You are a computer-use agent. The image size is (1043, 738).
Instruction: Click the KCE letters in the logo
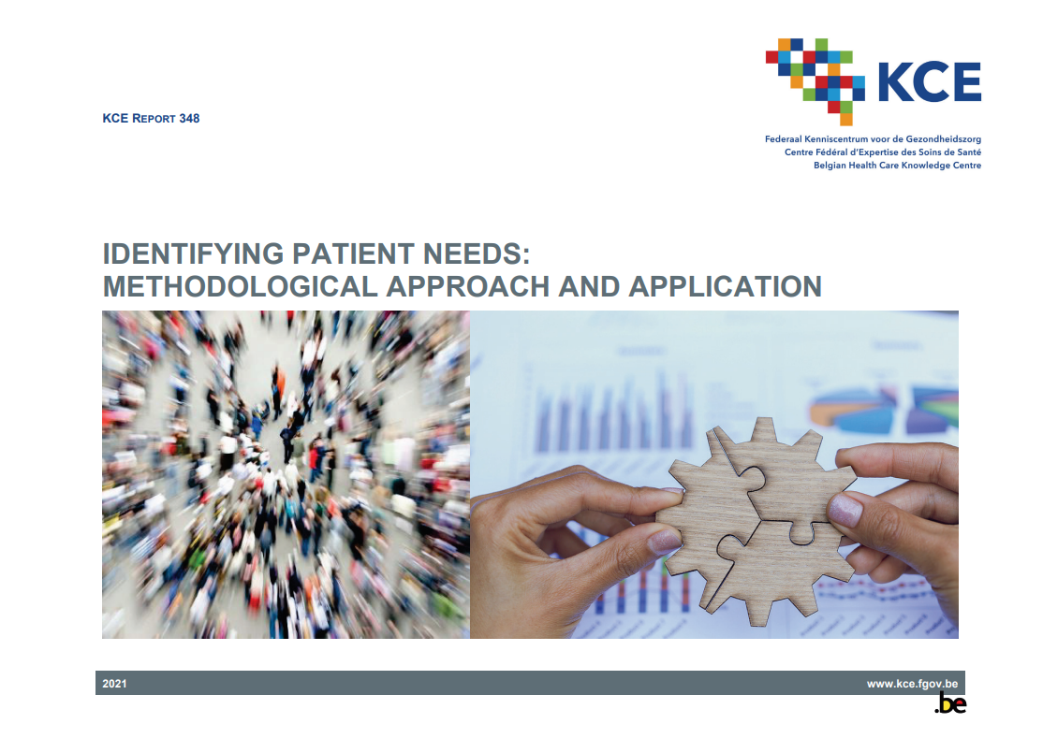[929, 82]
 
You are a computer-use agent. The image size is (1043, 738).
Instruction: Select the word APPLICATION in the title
[725, 285]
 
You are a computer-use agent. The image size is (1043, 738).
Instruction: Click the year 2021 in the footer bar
[115, 684]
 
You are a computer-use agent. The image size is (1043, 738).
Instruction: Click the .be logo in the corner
[950, 705]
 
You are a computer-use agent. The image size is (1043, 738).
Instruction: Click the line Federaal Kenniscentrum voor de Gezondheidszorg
[873, 138]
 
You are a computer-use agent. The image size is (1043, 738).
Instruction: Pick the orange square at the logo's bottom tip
[845, 119]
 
